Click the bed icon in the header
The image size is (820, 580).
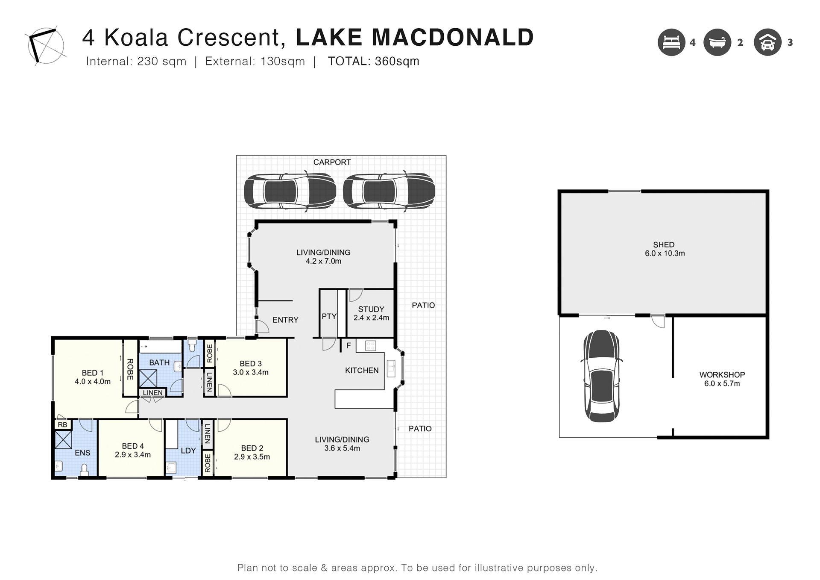[x=671, y=42]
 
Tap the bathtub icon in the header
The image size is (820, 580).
[x=717, y=42]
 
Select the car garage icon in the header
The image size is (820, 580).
[x=767, y=42]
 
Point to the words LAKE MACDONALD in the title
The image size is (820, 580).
[x=415, y=37]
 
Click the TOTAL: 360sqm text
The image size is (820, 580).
[x=374, y=61]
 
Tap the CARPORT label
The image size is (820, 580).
[x=332, y=162]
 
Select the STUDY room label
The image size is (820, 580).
[x=371, y=309]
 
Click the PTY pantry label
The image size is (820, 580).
[x=329, y=316]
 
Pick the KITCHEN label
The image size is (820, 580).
[x=362, y=371]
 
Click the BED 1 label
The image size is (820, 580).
[x=93, y=373]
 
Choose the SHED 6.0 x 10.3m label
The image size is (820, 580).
[x=665, y=249]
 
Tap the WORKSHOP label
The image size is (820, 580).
[x=722, y=375]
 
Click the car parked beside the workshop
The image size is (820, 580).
[x=601, y=376]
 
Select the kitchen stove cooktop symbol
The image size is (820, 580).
[x=371, y=345]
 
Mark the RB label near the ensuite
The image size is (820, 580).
[x=62, y=425]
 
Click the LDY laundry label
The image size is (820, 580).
[x=188, y=450]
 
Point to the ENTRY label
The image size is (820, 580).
[x=285, y=320]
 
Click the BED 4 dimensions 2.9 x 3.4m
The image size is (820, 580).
[x=133, y=455]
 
